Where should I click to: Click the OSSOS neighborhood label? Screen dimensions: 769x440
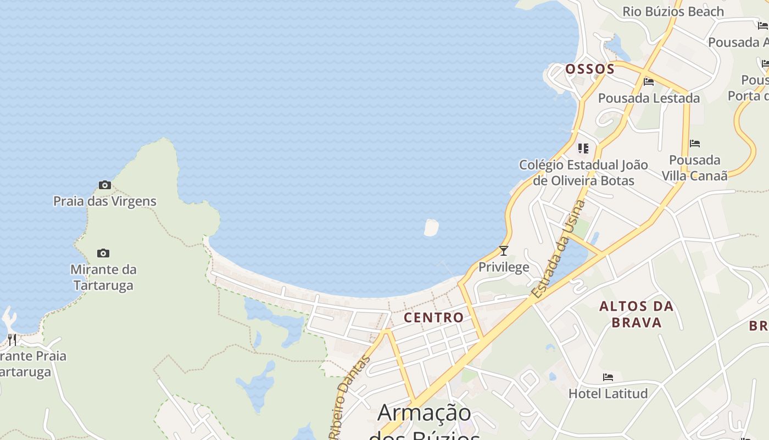pyautogui.click(x=590, y=69)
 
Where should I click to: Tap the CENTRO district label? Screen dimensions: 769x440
pyautogui.click(x=433, y=317)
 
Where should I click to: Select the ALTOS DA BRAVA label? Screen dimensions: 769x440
pyautogui.click(x=637, y=314)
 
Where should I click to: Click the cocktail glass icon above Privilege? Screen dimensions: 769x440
pyautogui.click(x=504, y=251)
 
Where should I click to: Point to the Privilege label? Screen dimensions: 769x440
pyautogui.click(x=504, y=267)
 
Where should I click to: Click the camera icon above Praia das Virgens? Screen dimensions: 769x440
pyautogui.click(x=104, y=185)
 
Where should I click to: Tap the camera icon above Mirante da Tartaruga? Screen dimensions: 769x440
pyautogui.click(x=103, y=254)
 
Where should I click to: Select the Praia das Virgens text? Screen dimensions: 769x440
pyautogui.click(x=105, y=201)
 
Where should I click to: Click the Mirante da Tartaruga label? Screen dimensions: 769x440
pyautogui.click(x=103, y=277)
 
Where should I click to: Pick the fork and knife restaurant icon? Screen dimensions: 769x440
pyautogui.click(x=12, y=339)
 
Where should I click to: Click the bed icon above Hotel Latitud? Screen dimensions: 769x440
pyautogui.click(x=608, y=377)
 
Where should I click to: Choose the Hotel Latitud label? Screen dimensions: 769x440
pyautogui.click(x=608, y=394)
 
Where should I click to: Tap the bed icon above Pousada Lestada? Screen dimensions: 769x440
pyautogui.click(x=649, y=82)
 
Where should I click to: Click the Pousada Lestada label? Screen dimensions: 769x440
pyautogui.click(x=649, y=98)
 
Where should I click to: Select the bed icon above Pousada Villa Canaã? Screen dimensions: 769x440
pyautogui.click(x=695, y=144)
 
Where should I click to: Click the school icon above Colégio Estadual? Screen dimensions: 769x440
pyautogui.click(x=583, y=148)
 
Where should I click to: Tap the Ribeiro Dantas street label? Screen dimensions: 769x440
pyautogui.click(x=349, y=397)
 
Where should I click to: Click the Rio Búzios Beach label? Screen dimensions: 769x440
pyautogui.click(x=673, y=12)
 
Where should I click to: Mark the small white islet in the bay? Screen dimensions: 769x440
pyautogui.click(x=431, y=227)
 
